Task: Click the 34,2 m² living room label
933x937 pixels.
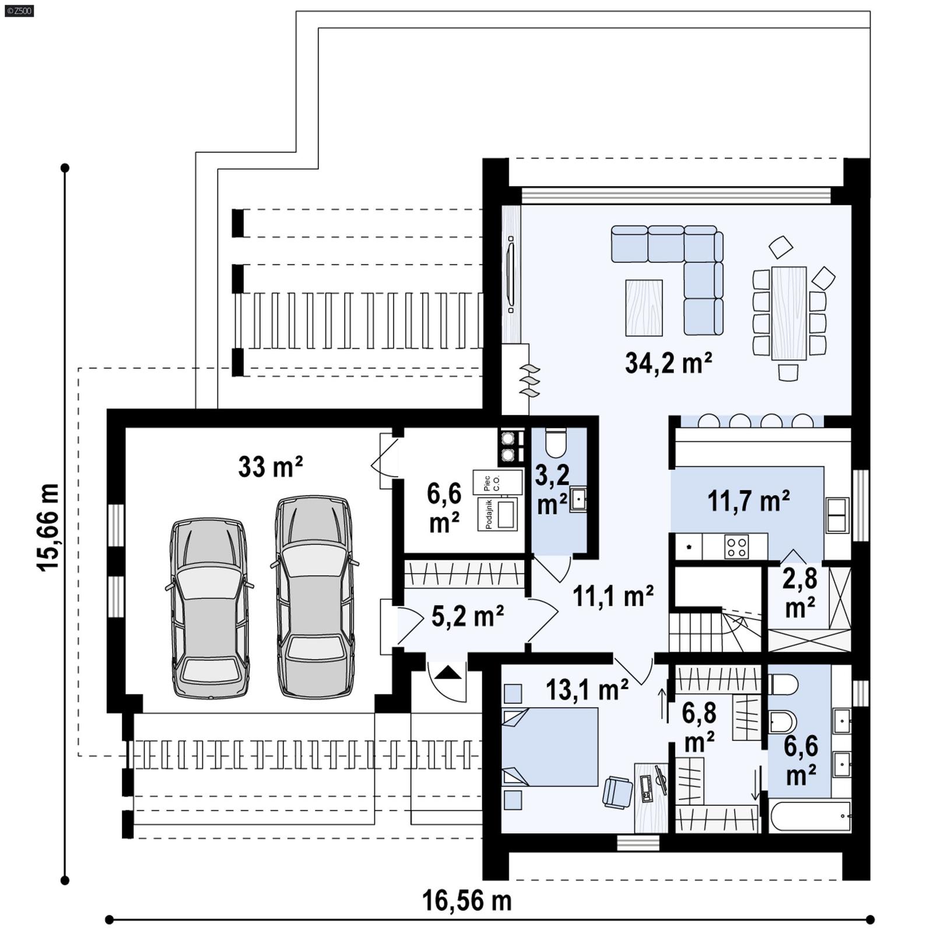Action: pyautogui.click(x=668, y=363)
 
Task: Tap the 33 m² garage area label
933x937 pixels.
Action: pyautogui.click(x=270, y=467)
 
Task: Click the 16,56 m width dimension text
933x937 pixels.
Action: pyautogui.click(x=466, y=901)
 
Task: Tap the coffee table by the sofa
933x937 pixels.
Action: pyautogui.click(x=644, y=308)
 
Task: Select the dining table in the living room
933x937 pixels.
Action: pyautogui.click(x=788, y=313)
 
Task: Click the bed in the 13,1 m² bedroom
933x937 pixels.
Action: pyautogui.click(x=550, y=747)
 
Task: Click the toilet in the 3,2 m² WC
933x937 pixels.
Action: pyautogui.click(x=556, y=444)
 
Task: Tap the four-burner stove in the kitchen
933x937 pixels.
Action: pyautogui.click(x=736, y=547)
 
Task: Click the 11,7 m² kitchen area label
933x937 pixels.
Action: pyautogui.click(x=748, y=501)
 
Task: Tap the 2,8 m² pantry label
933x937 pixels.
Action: pyautogui.click(x=799, y=592)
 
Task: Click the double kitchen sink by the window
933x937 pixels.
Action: pyautogui.click(x=837, y=515)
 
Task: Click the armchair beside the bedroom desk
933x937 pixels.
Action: pyautogui.click(x=617, y=792)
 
